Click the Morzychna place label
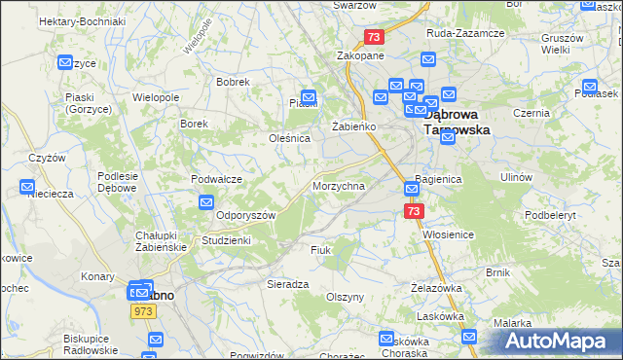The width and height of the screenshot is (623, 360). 339,185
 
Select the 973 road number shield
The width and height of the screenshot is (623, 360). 143,309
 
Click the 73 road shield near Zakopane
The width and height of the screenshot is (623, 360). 375,37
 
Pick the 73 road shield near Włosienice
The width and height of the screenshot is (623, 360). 415,210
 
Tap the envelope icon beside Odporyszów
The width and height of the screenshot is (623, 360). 206,202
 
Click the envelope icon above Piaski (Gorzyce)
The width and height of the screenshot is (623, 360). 65,63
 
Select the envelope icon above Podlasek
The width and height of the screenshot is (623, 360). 588,86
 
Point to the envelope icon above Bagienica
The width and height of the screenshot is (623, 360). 412,187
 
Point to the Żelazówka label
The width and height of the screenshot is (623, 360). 435,288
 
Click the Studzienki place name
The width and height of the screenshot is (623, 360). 226,239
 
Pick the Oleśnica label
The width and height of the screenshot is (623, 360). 289,138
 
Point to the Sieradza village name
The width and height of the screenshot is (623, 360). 288,284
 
